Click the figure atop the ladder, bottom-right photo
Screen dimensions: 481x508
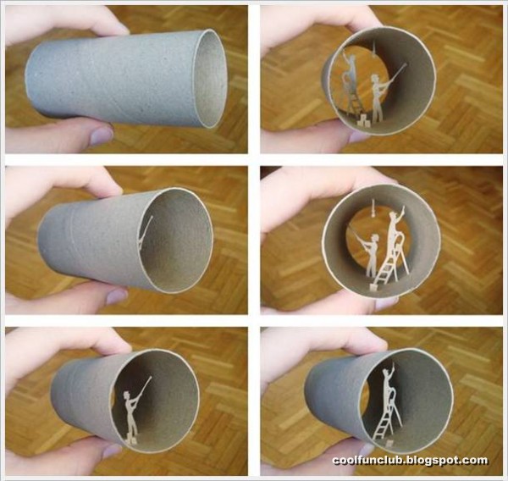(x=390, y=385)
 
